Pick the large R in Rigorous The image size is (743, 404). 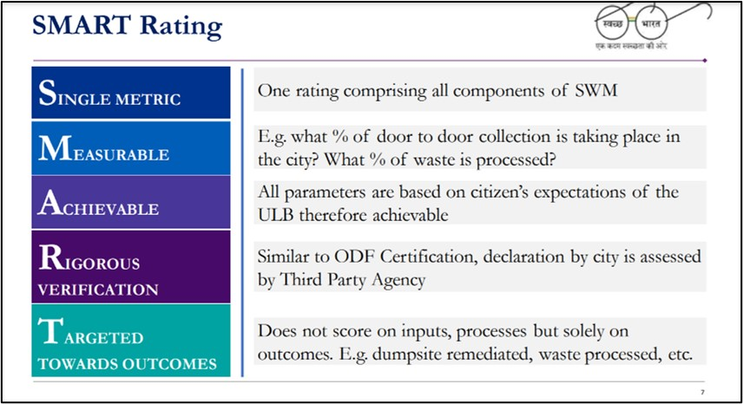pyautogui.click(x=49, y=257)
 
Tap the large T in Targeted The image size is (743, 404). pyautogui.click(x=49, y=330)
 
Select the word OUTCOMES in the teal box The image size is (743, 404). pyautogui.click(x=174, y=363)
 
